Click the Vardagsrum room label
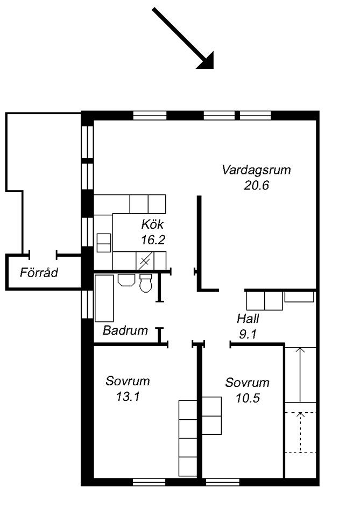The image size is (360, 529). [256, 170]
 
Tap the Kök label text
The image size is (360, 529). [152, 224]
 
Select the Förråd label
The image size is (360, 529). [39, 272]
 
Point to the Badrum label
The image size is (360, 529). [125, 330]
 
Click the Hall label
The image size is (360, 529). [248, 319]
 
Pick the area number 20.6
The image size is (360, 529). [256, 186]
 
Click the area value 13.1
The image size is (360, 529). [128, 397]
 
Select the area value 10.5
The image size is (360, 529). [248, 398]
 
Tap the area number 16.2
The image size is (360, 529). [153, 240]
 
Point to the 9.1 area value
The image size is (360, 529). [248, 334]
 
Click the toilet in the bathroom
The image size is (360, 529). [146, 283]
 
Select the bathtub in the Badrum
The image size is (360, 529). [104, 298]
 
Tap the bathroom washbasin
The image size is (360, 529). [126, 280]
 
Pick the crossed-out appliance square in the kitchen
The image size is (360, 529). [145, 260]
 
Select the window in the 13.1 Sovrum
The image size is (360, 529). [149, 482]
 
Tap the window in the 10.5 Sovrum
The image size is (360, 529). [223, 482]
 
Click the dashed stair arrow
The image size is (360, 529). [300, 432]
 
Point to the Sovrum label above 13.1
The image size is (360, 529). [128, 381]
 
